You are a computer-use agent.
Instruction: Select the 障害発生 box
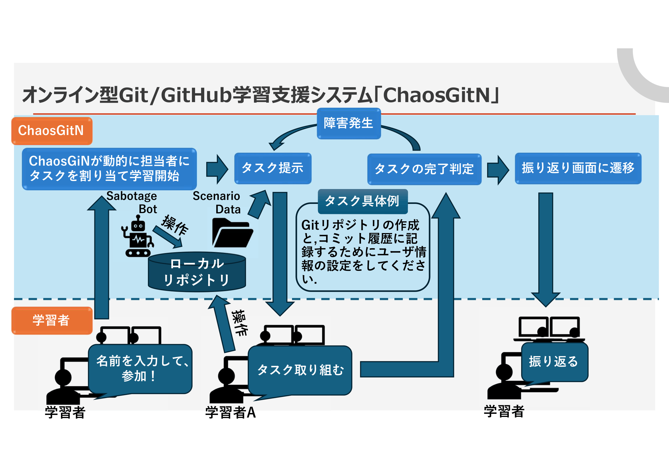(348, 124)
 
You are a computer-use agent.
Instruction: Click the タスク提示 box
(273, 168)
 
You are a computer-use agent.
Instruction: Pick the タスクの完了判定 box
(424, 169)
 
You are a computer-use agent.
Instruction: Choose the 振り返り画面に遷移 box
(578, 168)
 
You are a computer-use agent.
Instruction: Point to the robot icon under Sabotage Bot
(138, 236)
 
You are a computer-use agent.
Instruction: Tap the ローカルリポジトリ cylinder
(197, 272)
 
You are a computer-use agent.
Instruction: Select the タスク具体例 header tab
(362, 201)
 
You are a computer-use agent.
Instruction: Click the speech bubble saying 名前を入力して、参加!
(140, 368)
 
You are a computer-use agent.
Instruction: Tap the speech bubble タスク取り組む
(300, 370)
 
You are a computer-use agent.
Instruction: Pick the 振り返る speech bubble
(554, 362)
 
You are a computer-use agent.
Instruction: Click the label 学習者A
(231, 412)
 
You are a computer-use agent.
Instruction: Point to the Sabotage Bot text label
(132, 202)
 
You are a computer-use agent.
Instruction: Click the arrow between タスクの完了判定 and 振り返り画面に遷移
(498, 170)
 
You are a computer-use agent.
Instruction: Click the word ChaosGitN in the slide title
(436, 95)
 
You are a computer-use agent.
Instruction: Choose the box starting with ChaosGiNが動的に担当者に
(109, 169)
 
